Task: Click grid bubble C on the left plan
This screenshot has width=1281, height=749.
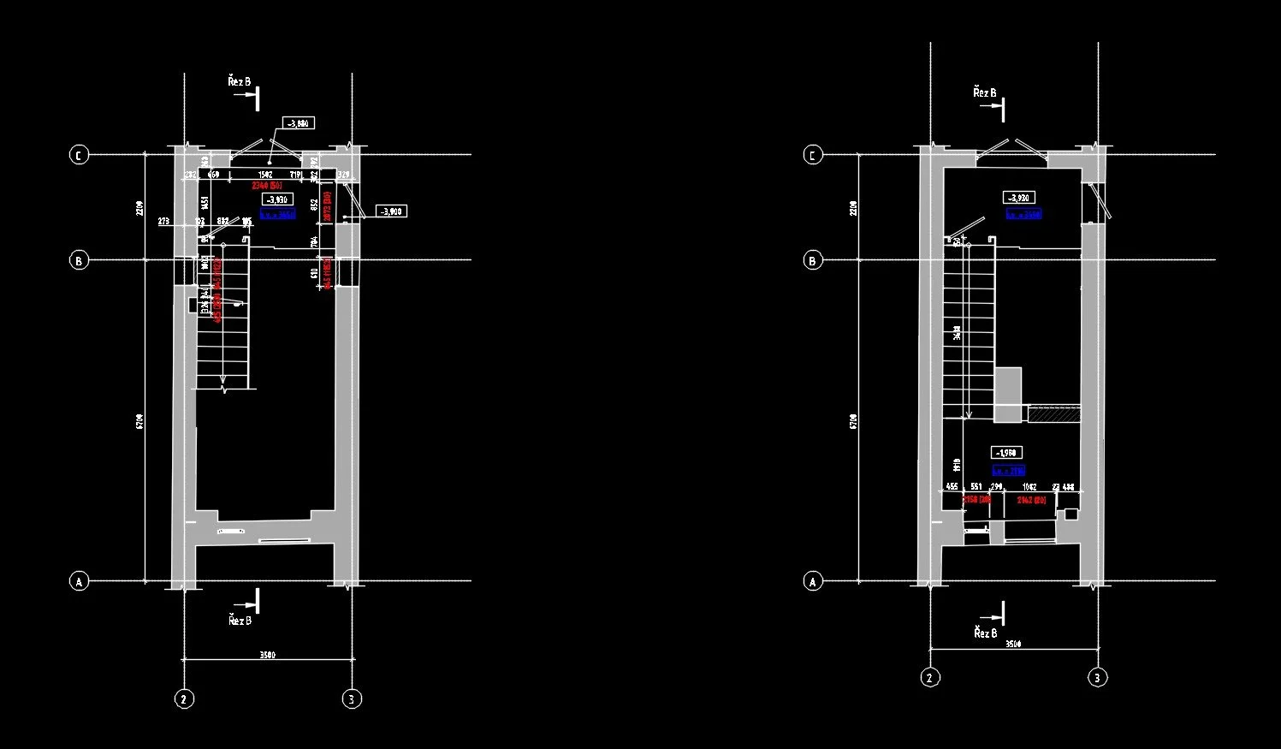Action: pyautogui.click(x=79, y=155)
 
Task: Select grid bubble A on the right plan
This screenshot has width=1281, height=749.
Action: pyautogui.click(x=813, y=581)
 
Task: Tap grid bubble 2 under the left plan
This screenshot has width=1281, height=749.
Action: pyautogui.click(x=184, y=699)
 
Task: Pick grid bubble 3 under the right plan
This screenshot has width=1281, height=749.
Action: pyautogui.click(x=1097, y=678)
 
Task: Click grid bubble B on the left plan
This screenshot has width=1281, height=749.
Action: pyautogui.click(x=79, y=260)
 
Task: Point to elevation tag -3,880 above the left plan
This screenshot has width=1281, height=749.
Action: pyautogui.click(x=298, y=123)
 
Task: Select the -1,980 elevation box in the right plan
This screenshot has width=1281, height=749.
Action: pyautogui.click(x=1006, y=452)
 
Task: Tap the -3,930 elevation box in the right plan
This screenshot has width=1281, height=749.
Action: pyautogui.click(x=1018, y=198)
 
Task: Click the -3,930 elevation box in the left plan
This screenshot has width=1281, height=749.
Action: pyautogui.click(x=277, y=199)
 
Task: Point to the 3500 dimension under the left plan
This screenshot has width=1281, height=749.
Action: pyautogui.click(x=267, y=656)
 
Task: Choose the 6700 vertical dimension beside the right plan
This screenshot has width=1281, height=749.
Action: pyautogui.click(x=855, y=421)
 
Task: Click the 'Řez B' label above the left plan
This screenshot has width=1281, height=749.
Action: pyautogui.click(x=240, y=81)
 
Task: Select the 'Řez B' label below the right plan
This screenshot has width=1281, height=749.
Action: pyautogui.click(x=985, y=633)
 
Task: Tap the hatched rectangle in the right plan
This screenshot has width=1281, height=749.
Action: pyautogui.click(x=1054, y=414)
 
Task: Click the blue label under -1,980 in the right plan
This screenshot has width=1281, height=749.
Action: pyautogui.click(x=1008, y=470)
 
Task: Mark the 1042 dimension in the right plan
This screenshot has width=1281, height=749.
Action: pyautogui.click(x=1029, y=487)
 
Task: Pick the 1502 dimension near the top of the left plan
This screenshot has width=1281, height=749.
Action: pyautogui.click(x=265, y=175)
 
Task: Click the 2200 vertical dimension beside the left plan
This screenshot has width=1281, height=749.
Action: pyautogui.click(x=139, y=208)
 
